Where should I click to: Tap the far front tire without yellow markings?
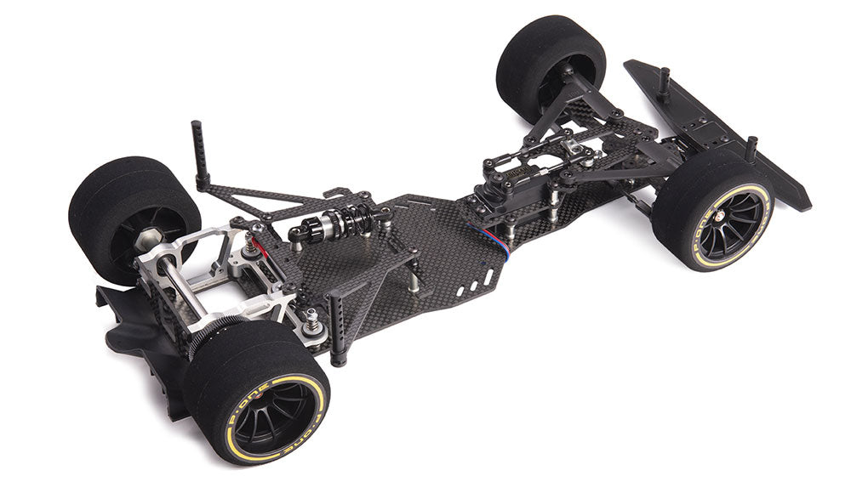(x=545, y=64)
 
